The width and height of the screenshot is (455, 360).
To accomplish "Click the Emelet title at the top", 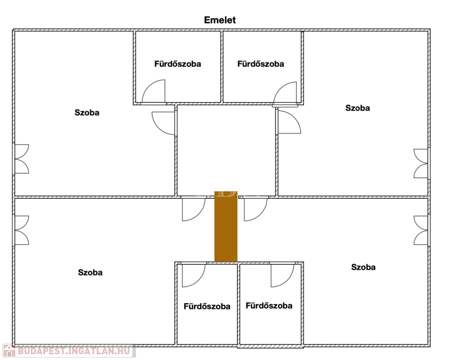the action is coord(220,20).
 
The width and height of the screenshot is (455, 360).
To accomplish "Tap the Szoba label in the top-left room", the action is coord(87,112).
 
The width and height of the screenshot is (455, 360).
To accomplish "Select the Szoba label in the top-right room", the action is coord(357,108).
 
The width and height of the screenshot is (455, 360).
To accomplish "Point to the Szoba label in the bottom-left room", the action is coord(90,272).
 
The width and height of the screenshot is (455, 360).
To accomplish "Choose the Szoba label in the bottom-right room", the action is coord(364,267).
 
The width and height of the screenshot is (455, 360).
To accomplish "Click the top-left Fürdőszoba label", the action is coord(178,64).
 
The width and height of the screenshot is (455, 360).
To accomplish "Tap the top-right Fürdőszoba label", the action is coord(261,64).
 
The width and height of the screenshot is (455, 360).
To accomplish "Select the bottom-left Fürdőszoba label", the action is coord(207,307).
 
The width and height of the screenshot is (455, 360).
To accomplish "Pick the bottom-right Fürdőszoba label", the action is coord(269,306).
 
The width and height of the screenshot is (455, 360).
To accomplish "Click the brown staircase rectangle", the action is coord(226,226).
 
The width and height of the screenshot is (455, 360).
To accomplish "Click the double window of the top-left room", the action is coord(22,159).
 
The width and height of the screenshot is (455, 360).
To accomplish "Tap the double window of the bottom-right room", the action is coord(421,230).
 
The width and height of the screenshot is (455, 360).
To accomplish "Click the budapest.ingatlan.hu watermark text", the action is coord(74,351).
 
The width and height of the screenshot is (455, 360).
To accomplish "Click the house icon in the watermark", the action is coord(9,351).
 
